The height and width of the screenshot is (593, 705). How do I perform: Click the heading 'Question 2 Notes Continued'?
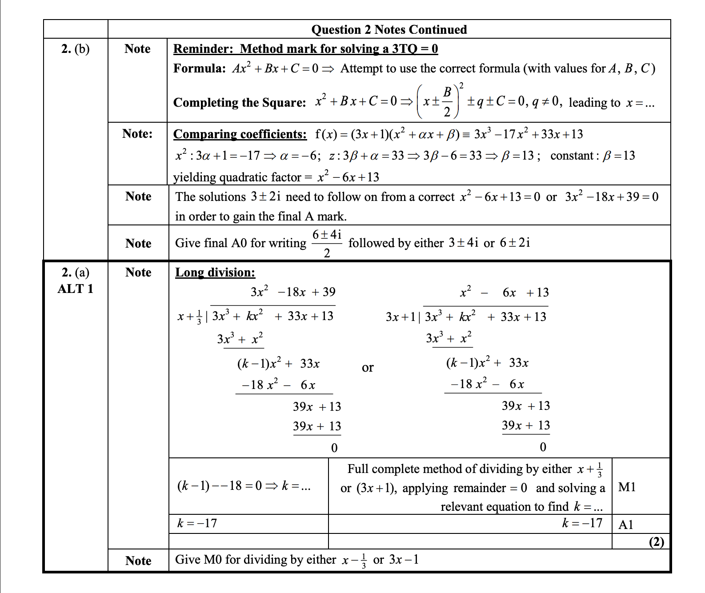[x=389, y=29]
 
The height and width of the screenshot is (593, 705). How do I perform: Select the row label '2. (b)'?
[x=75, y=49]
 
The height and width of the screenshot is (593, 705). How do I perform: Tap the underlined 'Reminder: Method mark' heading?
[x=305, y=48]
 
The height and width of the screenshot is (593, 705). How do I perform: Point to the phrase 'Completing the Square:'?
[x=240, y=103]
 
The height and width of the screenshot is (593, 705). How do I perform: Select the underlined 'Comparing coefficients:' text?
[x=240, y=134]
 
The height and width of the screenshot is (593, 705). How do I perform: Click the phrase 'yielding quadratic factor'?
[x=237, y=177]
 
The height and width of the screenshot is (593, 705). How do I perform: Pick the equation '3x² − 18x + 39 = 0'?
[x=612, y=196]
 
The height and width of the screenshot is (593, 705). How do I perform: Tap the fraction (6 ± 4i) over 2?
[x=327, y=243]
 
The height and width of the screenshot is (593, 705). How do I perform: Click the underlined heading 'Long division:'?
[x=215, y=272]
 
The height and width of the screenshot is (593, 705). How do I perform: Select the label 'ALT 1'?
[x=75, y=289]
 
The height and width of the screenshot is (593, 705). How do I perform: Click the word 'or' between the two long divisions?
[x=368, y=368]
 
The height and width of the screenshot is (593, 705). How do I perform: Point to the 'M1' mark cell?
[x=627, y=487]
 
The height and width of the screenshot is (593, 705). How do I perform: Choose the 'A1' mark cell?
[x=626, y=525]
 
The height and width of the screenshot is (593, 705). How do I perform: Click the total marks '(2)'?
[x=657, y=542]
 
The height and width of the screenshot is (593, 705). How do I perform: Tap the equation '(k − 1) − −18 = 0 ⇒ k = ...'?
[x=244, y=486]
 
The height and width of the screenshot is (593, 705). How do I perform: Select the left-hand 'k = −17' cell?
[x=197, y=523]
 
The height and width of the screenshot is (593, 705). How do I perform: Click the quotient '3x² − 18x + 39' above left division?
[x=293, y=292]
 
